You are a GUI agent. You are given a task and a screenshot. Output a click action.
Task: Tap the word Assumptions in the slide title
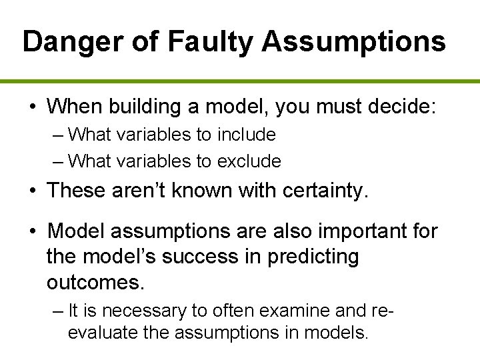click(x=353, y=41)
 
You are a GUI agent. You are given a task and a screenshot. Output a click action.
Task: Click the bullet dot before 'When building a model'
click(x=33, y=106)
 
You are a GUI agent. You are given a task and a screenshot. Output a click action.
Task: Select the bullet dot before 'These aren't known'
click(x=33, y=191)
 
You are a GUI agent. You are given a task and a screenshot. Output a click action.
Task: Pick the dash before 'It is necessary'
click(x=57, y=310)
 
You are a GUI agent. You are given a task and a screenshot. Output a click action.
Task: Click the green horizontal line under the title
click(x=240, y=81)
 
